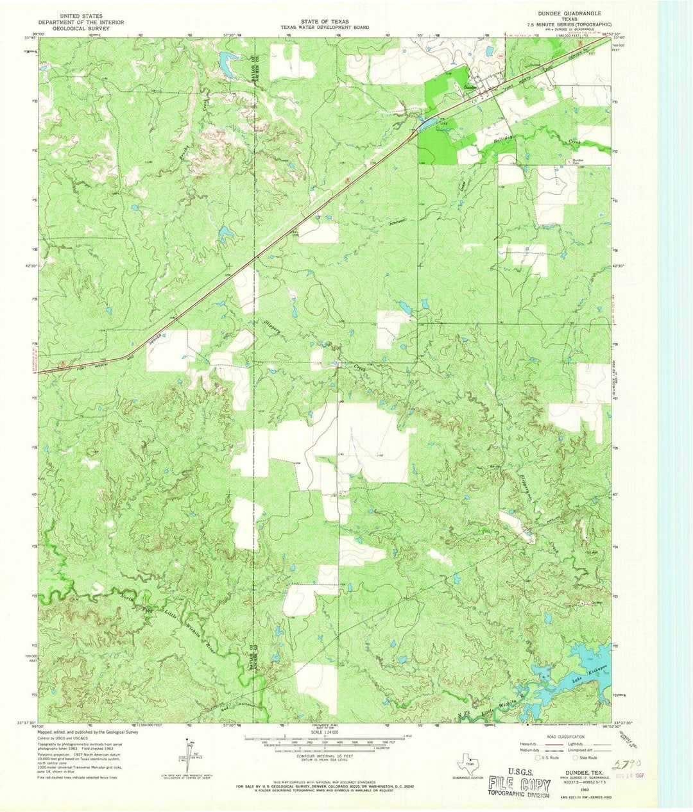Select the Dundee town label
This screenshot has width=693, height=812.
tap(470, 87)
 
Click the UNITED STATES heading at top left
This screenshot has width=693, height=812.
tap(81, 13)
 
